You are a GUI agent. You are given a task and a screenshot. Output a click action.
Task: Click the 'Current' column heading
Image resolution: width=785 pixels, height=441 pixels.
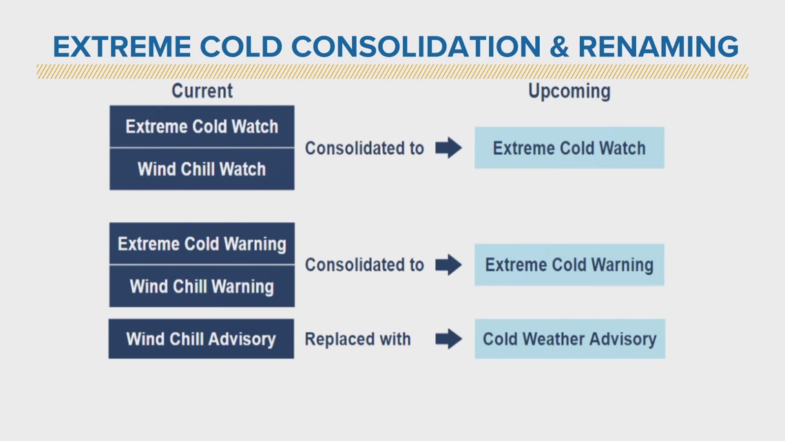pos(202,90)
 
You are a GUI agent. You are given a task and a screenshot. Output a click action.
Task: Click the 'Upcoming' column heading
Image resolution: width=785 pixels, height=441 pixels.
pos(569,92)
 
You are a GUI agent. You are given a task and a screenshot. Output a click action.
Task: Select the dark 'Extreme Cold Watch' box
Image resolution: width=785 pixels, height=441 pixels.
pos(202,127)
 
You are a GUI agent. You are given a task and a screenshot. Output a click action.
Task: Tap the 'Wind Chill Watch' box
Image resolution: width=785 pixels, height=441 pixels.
pos(202,169)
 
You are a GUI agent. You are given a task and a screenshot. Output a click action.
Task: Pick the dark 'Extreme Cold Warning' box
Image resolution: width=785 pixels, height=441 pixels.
pos(202,244)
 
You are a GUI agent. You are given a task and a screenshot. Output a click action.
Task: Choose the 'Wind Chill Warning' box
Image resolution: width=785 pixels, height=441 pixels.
pos(202,286)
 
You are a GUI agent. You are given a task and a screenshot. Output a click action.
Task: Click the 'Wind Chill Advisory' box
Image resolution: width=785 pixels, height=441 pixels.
pos(201,338)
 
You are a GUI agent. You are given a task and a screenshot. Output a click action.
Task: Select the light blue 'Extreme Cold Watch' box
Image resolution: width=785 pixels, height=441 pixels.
pos(569,148)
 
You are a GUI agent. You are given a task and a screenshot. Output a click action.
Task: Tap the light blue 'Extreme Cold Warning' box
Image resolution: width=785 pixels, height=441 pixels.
pos(569,265)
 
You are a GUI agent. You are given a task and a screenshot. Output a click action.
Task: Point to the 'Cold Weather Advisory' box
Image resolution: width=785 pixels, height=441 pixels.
pos(569,339)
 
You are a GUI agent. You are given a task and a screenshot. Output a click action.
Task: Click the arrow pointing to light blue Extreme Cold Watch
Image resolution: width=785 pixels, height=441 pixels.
pos(449,148)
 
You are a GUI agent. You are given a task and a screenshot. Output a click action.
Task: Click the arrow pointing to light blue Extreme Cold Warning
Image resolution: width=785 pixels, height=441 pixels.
pos(449,265)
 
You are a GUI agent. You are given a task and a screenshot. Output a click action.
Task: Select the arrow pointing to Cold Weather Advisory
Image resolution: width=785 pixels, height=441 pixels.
pos(449,339)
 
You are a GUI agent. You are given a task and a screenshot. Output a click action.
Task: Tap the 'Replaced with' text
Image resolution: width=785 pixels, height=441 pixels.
pos(357,339)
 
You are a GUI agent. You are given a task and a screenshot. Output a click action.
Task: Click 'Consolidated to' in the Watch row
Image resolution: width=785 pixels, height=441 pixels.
pos(364,148)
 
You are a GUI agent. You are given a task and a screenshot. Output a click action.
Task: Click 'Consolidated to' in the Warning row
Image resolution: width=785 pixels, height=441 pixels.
pos(364,265)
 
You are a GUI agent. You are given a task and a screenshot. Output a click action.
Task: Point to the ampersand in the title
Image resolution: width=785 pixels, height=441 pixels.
pos(558,47)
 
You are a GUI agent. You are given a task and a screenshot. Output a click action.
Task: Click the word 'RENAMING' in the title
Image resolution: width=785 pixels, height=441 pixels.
pos(658,47)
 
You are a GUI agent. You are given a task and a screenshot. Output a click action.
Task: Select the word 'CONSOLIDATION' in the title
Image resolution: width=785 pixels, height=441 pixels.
pos(415,47)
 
